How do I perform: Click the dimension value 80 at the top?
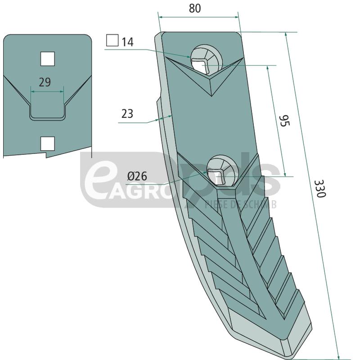194,9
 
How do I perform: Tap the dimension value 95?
283,121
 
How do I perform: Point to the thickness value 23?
127,114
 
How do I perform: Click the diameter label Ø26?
138,176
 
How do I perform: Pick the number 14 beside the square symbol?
128,42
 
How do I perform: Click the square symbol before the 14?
112,41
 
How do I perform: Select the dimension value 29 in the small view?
45,82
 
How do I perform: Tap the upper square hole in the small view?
47,58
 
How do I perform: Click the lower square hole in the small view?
47,143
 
